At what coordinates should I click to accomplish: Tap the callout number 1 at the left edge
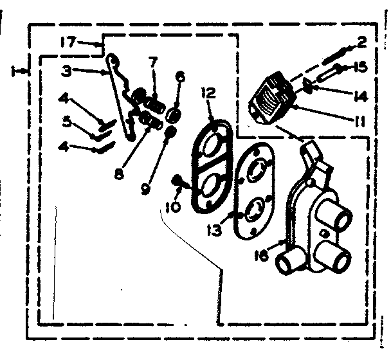14,71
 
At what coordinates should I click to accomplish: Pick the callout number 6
180,76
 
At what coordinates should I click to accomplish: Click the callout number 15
360,66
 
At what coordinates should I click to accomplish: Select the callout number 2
361,42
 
